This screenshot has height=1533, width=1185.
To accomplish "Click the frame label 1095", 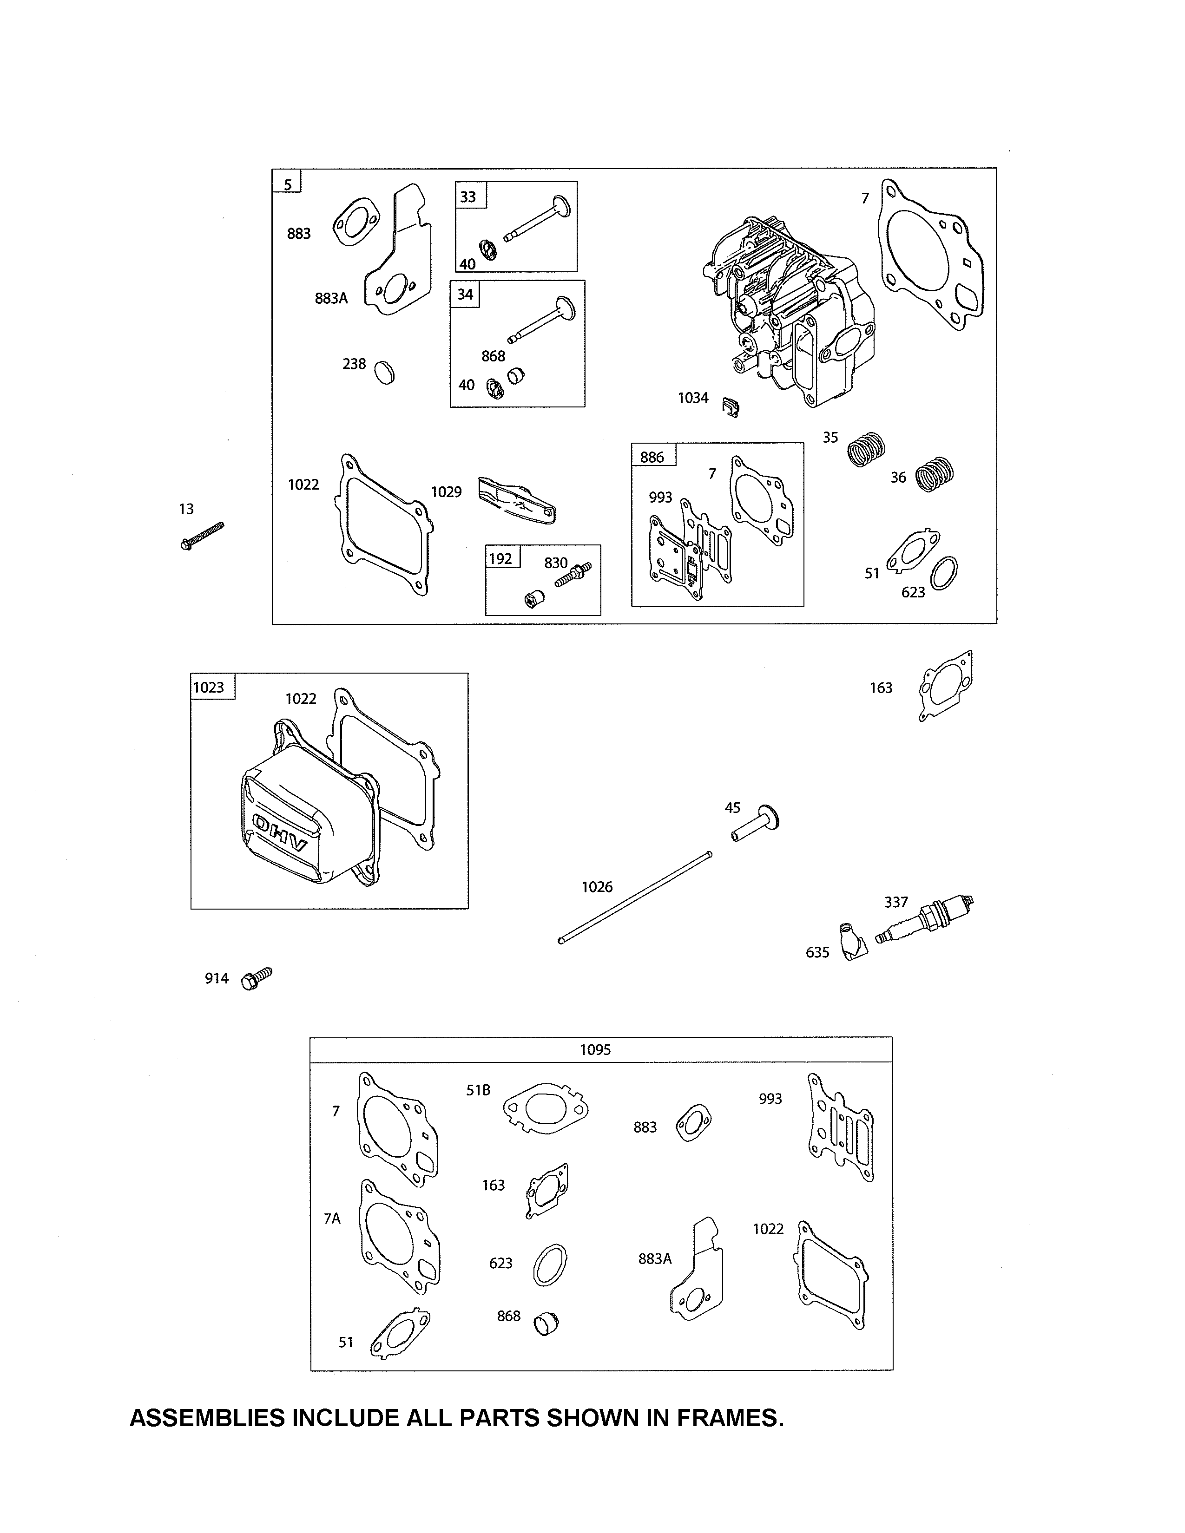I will coord(595,1049).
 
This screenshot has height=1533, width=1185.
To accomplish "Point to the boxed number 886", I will coord(652,458).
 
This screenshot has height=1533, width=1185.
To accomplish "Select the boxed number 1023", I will coord(209,687).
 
